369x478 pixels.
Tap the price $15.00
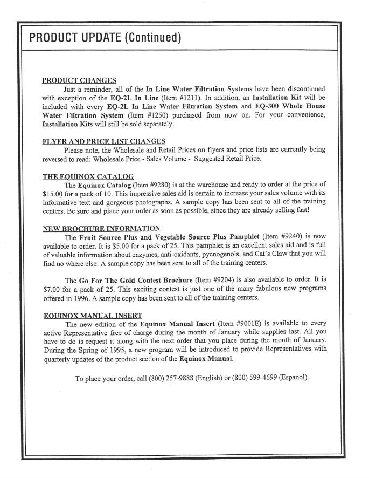(x=54, y=195)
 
